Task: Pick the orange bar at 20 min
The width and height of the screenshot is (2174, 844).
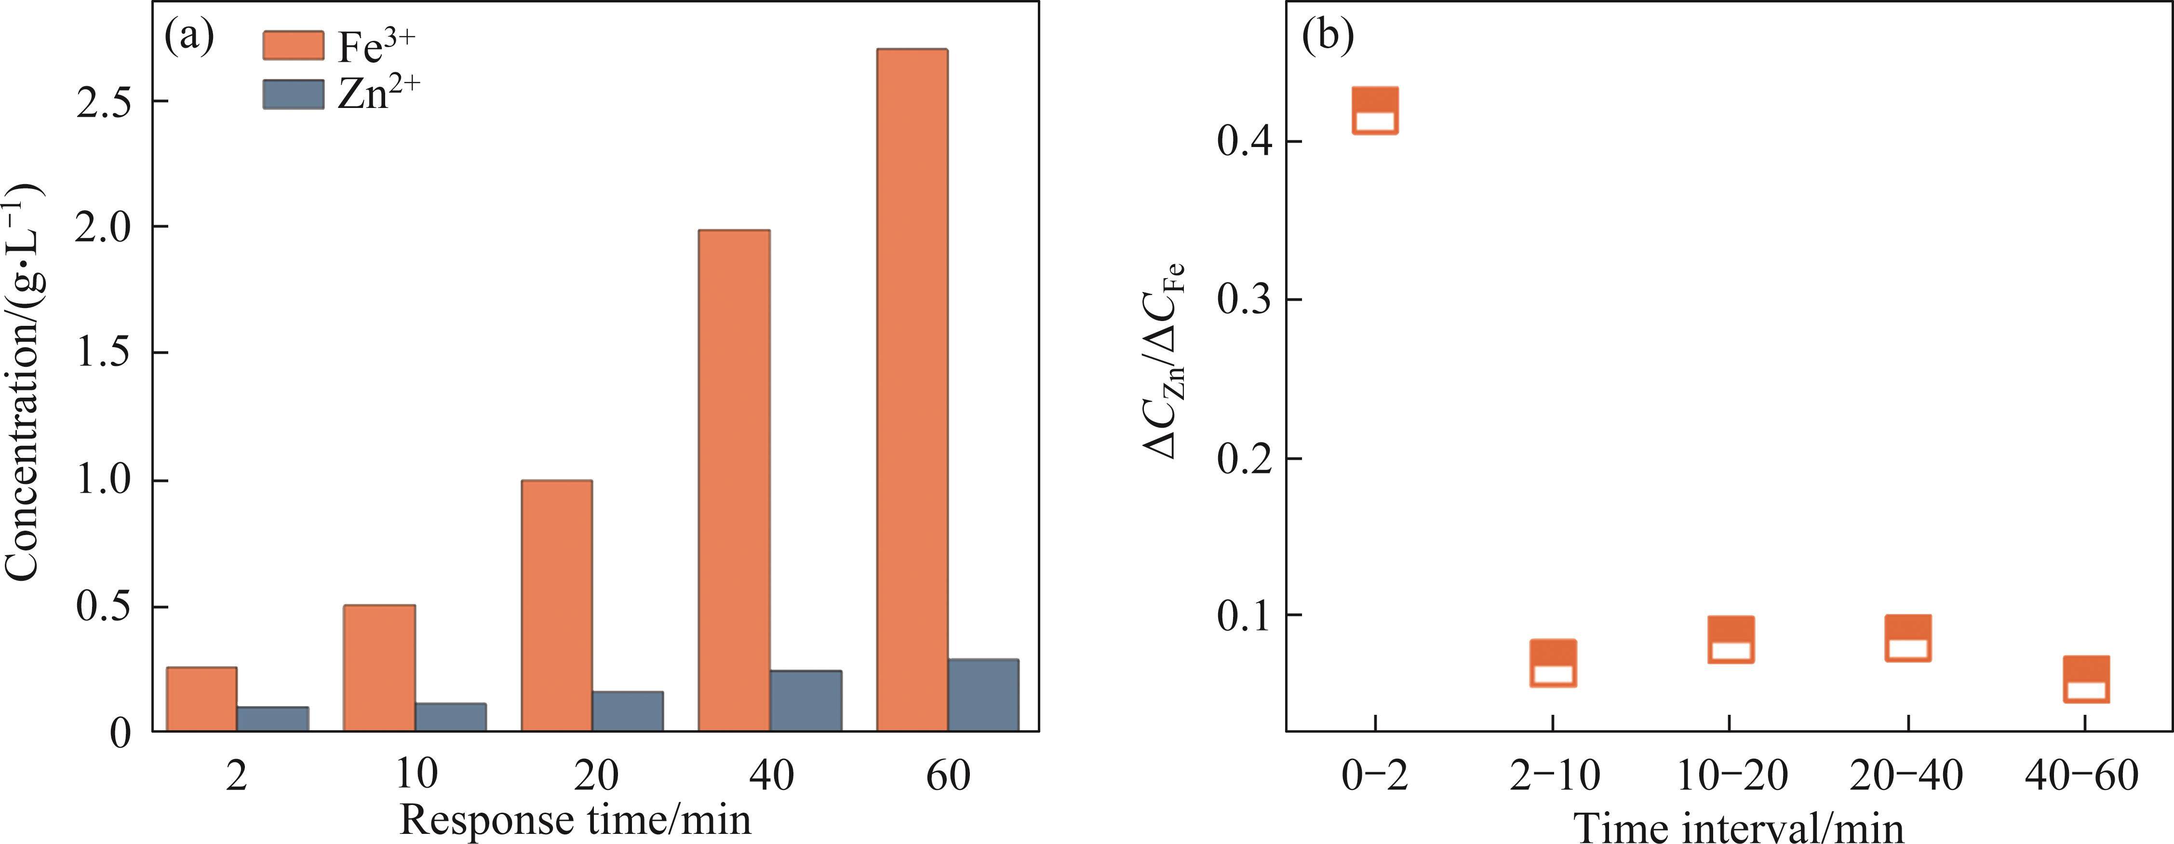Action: click(x=557, y=604)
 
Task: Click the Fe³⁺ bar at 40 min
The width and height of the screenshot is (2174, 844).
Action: click(x=734, y=480)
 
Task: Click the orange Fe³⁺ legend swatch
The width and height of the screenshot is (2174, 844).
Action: click(x=293, y=46)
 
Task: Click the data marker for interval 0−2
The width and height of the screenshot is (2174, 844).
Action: click(x=1376, y=110)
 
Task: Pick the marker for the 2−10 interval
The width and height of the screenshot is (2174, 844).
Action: click(x=1553, y=663)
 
